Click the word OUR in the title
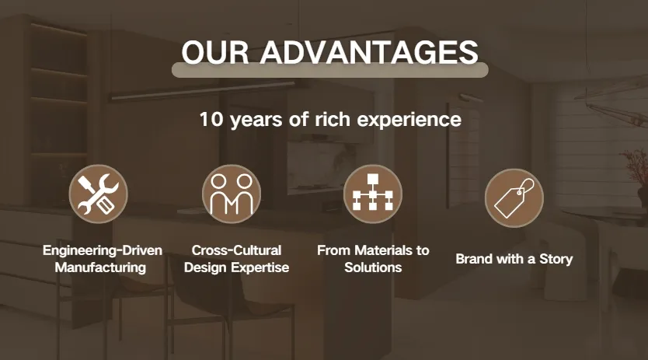tap(215, 52)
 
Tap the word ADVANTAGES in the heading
tap(369, 52)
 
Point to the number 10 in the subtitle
tap(211, 119)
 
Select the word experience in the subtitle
tap(409, 120)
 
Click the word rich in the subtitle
tap(333, 119)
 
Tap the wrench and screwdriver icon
tap(99, 194)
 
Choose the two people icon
tap(232, 194)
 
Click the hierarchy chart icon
tap(373, 194)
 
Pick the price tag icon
tap(514, 197)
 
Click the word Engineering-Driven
tap(103, 250)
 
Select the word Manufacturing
tap(100, 267)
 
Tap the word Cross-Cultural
tap(236, 250)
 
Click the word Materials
tap(384, 250)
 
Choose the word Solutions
tap(373, 267)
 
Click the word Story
tap(556, 260)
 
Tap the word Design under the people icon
tap(206, 267)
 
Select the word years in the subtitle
tap(256, 121)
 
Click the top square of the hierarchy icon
tap(373, 179)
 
